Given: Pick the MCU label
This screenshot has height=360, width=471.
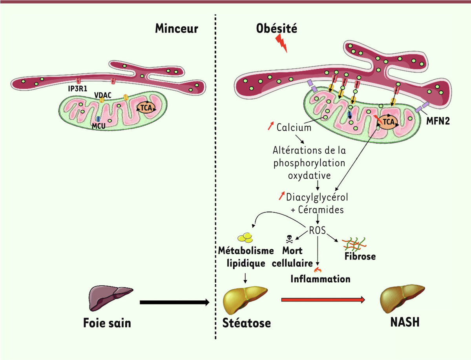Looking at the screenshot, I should pos(99,126).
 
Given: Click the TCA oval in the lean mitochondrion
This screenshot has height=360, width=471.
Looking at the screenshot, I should pos(146,107).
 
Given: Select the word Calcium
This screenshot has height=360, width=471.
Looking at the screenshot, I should pos(294,128).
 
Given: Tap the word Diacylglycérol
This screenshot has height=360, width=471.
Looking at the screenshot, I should pos(318,196).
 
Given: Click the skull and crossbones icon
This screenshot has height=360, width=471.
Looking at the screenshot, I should pos(289,238).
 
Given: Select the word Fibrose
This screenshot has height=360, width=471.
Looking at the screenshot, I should pos(360,257).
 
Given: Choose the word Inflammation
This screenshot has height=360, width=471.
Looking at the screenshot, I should pos(320,279).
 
